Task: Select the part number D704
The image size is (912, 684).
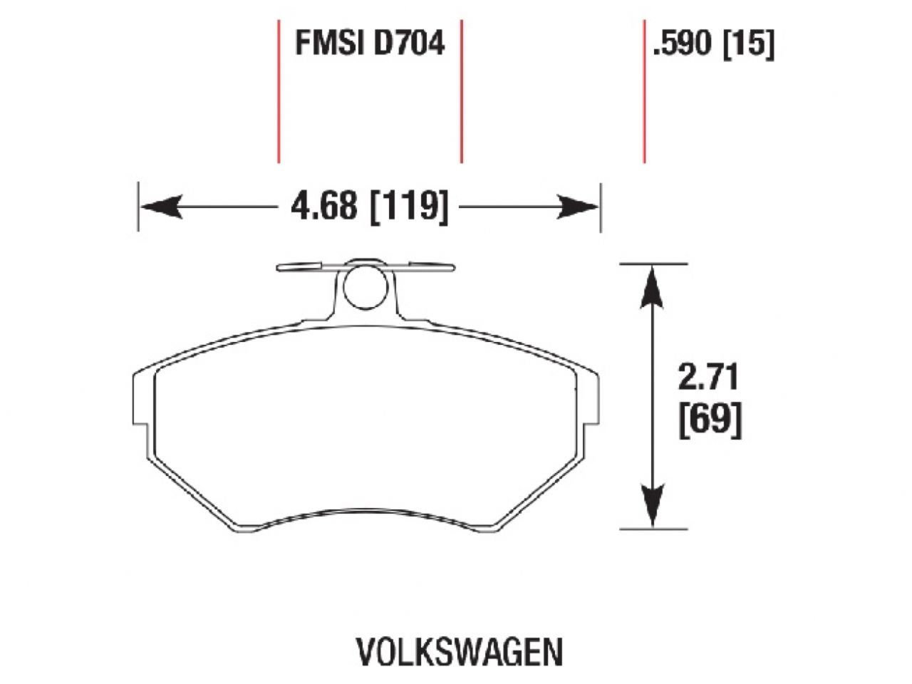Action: [x=406, y=43]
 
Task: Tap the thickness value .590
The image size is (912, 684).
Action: [x=682, y=44]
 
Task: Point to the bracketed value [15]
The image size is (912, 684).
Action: [x=748, y=44]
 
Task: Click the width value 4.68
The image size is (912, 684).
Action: [x=323, y=207]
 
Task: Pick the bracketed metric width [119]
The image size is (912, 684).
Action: [x=410, y=207]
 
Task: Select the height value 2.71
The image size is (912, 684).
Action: [x=708, y=378]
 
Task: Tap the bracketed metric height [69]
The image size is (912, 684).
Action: [x=710, y=420]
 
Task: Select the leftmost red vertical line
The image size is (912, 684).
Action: [x=279, y=91]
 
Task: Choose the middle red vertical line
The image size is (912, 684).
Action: [x=462, y=91]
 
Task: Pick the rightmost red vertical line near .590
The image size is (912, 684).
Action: [x=644, y=91]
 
